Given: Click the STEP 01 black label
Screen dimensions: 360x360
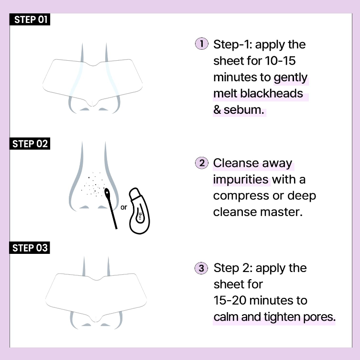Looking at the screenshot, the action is point(30,19).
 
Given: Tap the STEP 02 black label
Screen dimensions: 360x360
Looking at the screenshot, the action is point(30,144).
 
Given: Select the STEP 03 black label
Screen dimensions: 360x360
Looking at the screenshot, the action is point(29,248).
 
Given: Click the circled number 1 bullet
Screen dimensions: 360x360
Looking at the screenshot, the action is point(202,44).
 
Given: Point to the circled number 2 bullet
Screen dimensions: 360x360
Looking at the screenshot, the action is point(202,163).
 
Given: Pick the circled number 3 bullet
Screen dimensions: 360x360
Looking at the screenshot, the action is point(201,268).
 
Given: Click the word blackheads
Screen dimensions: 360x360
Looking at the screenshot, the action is point(272,93).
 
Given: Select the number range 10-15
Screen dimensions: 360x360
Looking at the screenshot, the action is point(280,61).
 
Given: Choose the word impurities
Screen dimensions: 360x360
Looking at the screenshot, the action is point(240,180).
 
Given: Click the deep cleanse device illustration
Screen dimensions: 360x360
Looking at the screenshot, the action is point(139,211).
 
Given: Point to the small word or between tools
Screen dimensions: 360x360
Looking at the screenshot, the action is point(123,207).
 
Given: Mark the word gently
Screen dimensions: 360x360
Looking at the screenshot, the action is point(290,78).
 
